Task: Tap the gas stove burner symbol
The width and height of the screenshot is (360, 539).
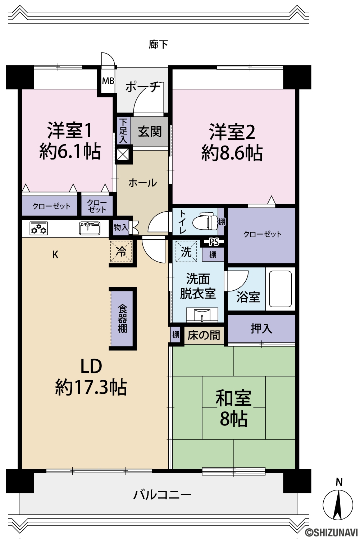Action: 38,228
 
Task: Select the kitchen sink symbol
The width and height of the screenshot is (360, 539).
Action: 90,228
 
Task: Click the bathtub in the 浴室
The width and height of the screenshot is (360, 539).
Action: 280,289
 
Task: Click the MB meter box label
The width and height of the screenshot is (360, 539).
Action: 108,81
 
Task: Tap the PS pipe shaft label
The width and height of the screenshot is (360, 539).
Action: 214,242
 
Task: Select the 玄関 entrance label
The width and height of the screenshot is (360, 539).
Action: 150,132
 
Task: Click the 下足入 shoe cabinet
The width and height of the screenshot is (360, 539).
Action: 124,131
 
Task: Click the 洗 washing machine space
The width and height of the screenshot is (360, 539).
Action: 186,251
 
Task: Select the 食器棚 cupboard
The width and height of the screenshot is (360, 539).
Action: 122,318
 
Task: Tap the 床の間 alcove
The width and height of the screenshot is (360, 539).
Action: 204,335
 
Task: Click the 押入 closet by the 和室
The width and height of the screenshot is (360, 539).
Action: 261,328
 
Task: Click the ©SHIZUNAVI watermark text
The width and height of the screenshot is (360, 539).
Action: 332,532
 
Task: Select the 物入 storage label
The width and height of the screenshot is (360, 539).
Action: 121,227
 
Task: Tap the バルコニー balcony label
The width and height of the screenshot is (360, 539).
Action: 162,495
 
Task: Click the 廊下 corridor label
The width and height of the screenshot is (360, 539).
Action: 158,44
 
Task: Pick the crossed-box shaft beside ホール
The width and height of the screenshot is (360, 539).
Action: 123,155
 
